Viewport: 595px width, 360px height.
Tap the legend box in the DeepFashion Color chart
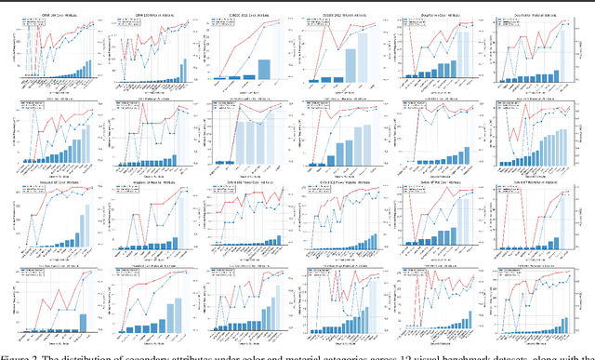(x=413, y=18)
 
